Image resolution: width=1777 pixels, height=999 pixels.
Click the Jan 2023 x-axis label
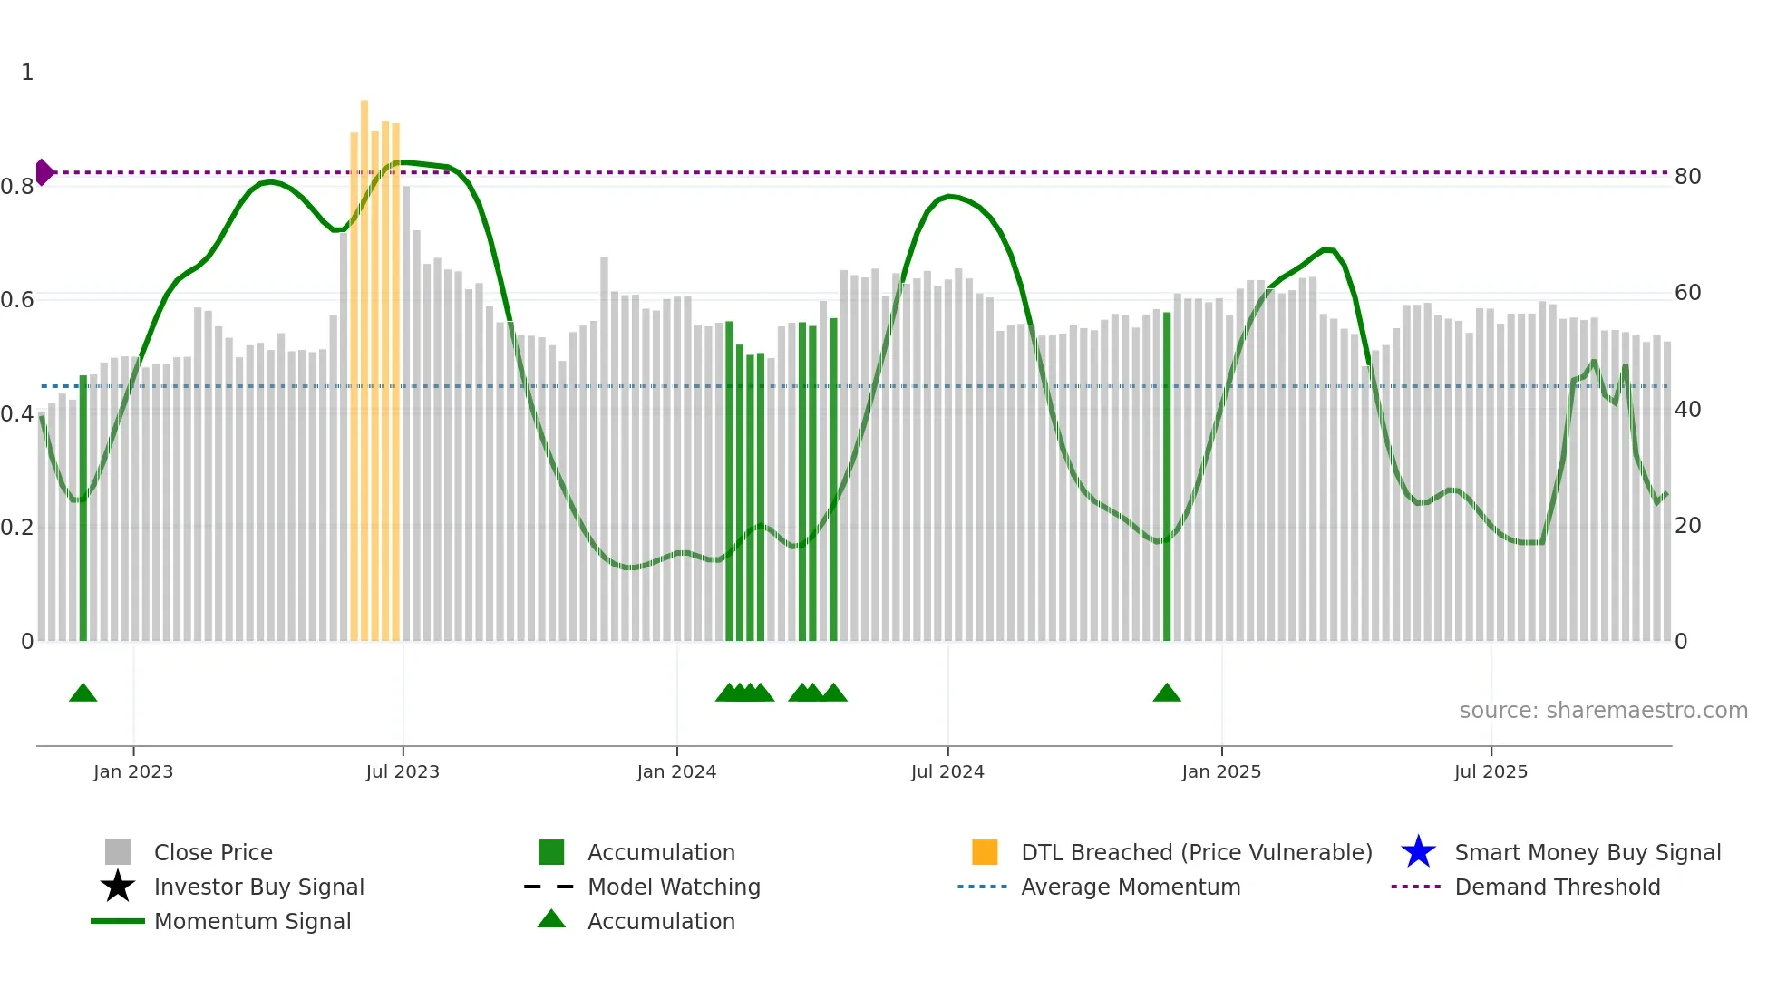(133, 771)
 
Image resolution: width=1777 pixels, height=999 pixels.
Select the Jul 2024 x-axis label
(947, 771)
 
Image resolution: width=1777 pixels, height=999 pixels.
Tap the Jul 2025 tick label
(1491, 771)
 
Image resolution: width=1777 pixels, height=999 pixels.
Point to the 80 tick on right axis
(1687, 177)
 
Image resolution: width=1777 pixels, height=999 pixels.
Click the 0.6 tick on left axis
(17, 300)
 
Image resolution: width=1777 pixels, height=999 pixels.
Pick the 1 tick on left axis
(27, 73)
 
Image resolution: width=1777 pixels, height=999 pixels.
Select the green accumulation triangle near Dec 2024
(1167, 693)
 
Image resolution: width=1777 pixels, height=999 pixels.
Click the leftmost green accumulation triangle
(83, 693)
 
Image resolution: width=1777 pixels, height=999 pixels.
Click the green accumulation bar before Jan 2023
(83, 508)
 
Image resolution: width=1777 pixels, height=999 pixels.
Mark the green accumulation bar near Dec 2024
(1167, 476)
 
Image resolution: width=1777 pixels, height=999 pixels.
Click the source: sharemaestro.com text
(1603, 711)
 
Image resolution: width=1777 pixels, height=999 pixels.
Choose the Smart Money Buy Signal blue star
(1418, 852)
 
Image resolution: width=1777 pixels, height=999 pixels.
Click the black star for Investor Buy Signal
(118, 887)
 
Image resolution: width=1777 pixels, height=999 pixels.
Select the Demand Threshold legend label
(1557, 887)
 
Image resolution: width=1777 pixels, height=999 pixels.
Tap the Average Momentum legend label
(1131, 887)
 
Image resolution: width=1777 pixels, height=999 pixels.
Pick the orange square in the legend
(985, 852)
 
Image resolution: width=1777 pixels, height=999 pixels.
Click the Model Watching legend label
(674, 887)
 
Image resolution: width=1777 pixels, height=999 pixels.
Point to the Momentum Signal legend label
(252, 921)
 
